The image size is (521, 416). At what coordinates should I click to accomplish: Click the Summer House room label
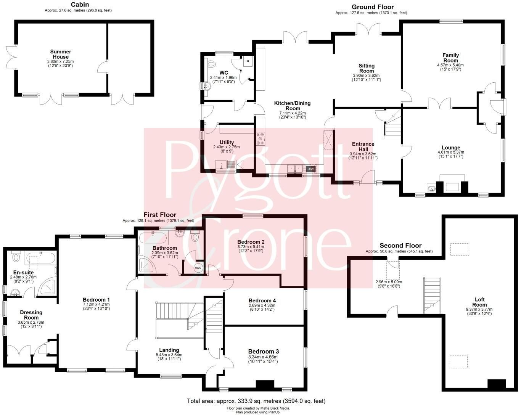point(61,54)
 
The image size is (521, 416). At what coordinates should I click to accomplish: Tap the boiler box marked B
point(248,61)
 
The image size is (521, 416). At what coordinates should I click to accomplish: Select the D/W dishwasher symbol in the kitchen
point(310,169)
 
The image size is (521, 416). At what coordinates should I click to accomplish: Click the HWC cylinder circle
point(198,268)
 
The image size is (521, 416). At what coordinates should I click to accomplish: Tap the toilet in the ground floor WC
point(211,64)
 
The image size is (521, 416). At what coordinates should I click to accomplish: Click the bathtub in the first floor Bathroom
point(153,238)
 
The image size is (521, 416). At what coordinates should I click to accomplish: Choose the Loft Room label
point(479,302)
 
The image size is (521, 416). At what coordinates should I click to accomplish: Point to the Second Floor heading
point(400,246)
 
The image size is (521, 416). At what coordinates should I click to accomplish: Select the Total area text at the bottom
point(256,401)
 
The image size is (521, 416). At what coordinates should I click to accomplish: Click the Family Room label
point(450,58)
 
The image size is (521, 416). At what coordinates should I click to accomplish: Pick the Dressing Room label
point(31,315)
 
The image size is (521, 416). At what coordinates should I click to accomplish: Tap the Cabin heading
point(80,4)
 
